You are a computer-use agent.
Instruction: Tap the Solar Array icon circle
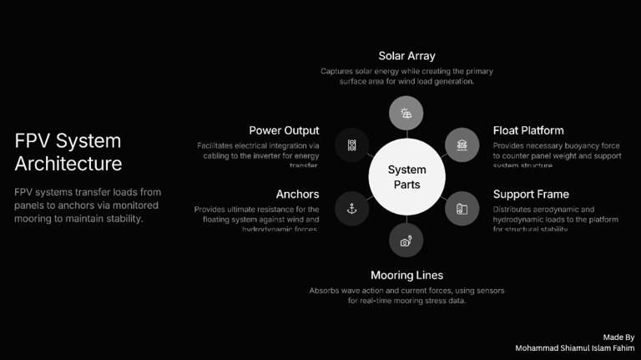click(x=406, y=113)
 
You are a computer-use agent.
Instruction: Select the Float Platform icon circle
click(x=462, y=145)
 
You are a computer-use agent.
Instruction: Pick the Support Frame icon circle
click(x=462, y=209)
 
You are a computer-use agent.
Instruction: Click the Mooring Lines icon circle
click(x=406, y=241)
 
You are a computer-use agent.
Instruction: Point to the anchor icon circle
click(x=351, y=209)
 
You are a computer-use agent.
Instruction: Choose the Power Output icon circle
click(x=351, y=145)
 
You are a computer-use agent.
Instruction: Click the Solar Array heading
click(x=406, y=56)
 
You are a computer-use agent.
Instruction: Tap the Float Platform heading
click(x=527, y=130)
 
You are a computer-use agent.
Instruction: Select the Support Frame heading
click(x=531, y=195)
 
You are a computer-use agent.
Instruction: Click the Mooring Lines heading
click(x=406, y=275)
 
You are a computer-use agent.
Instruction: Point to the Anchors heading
click(x=297, y=195)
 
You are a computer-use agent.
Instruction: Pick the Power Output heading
click(x=284, y=130)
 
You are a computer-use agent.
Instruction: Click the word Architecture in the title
click(x=68, y=163)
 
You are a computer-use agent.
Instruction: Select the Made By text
click(x=618, y=337)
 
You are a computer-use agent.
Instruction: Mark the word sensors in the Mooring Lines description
click(x=487, y=291)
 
